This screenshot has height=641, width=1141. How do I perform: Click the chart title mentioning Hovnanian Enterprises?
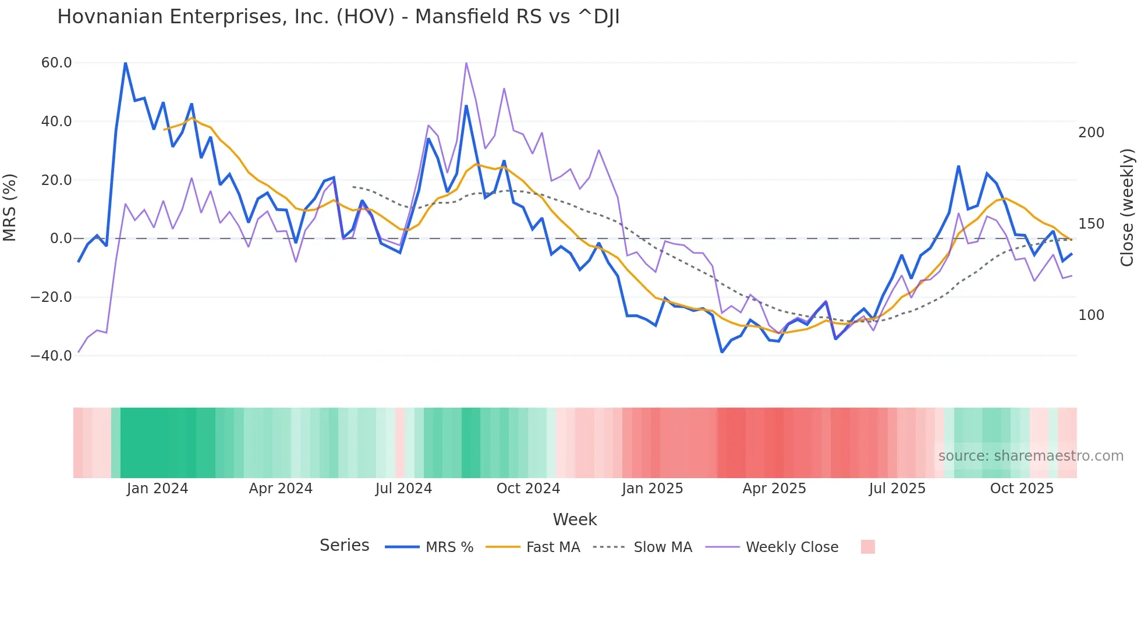coord(338,17)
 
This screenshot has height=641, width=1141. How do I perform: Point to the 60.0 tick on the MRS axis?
coord(56,63)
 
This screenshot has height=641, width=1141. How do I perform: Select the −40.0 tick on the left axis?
coord(51,355)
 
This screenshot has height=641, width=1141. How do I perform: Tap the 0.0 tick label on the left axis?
coord(61,238)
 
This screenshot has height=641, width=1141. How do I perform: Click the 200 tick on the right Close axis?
coord(1091,133)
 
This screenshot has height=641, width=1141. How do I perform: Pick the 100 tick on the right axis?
coord(1091,315)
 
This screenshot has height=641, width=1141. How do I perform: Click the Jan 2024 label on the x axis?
coord(157,489)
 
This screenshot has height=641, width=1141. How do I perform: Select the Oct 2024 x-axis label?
coord(528,489)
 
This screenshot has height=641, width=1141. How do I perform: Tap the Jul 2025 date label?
coord(897,489)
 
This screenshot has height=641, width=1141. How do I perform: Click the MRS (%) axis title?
coord(10,207)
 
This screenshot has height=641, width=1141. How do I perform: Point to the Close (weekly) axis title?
coord(1127,207)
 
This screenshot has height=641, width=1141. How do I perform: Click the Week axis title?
coord(575,519)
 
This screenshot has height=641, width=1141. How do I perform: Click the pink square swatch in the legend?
coord(867,547)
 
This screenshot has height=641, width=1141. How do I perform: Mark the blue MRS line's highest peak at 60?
coord(126,63)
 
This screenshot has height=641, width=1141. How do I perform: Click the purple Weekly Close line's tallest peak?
coord(466,63)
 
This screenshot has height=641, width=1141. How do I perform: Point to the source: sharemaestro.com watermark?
coord(1030,456)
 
